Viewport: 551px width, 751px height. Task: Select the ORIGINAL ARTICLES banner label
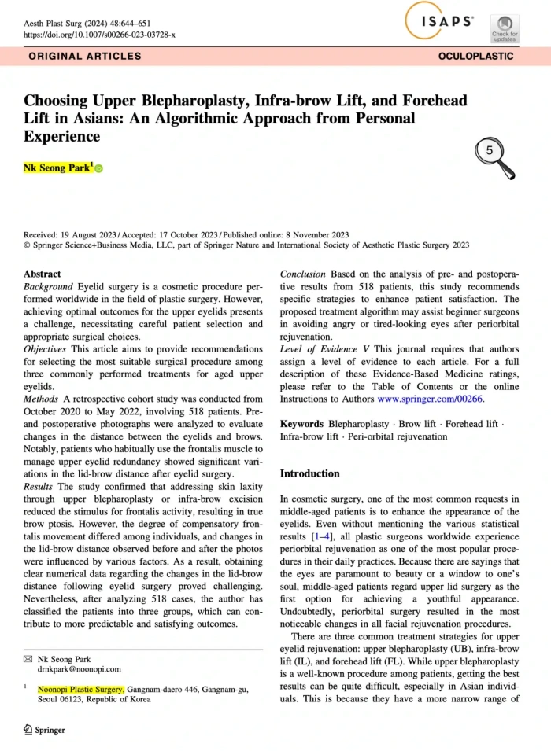pos(85,57)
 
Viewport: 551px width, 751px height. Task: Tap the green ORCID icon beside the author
pos(99,169)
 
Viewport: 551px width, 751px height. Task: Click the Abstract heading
pos(43,274)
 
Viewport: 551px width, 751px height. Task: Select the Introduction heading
pos(309,474)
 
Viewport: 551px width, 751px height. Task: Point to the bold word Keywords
pos(302,424)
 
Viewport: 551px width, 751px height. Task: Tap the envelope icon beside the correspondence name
pos(28,658)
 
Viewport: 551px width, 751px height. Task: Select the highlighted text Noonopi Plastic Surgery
pos(80,690)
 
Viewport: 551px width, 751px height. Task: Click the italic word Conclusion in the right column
pos(304,274)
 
